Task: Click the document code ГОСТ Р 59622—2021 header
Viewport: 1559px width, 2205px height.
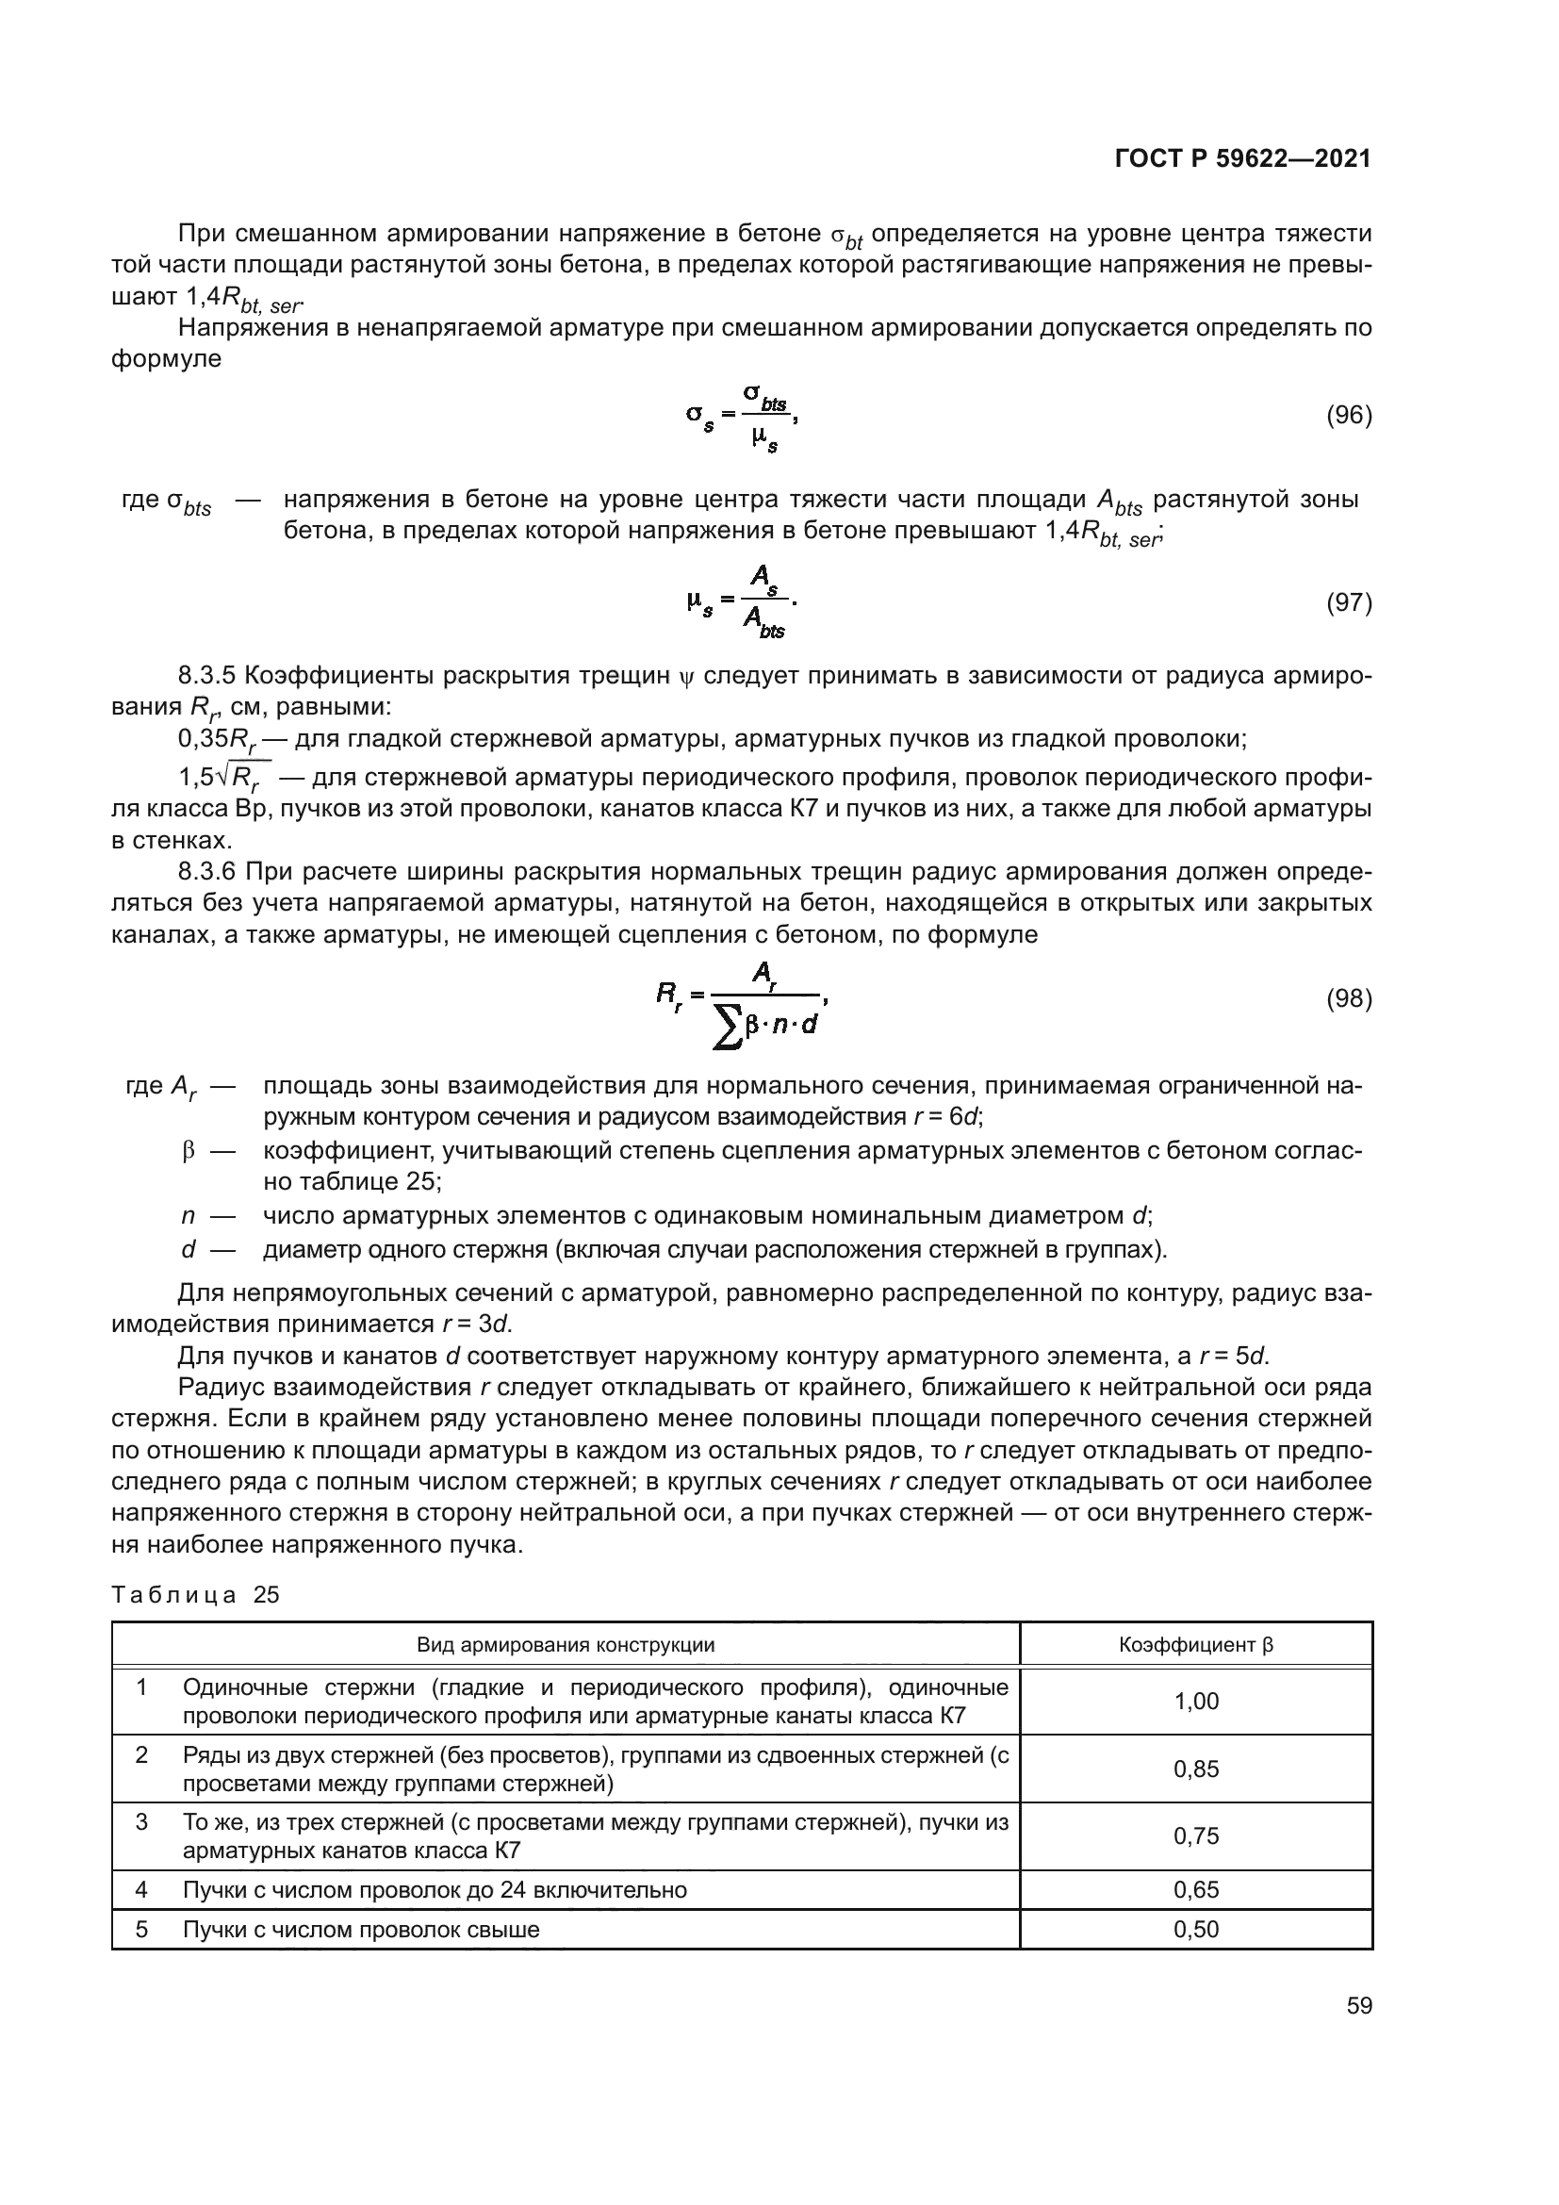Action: click(1242, 159)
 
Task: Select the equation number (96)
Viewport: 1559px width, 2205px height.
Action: click(1348, 415)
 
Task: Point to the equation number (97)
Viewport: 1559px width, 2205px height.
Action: click(1348, 602)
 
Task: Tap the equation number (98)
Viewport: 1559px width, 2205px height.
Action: click(1348, 998)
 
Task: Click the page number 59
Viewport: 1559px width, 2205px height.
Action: click(1358, 2005)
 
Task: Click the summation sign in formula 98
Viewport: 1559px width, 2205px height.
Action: click(730, 1028)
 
